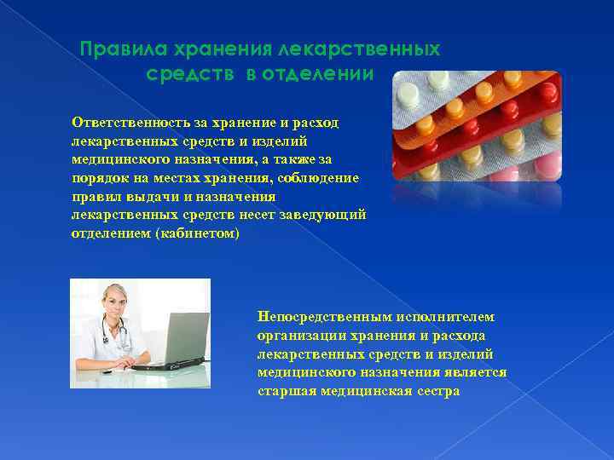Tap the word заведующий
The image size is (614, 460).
point(327,215)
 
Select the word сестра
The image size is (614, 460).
point(438,391)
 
